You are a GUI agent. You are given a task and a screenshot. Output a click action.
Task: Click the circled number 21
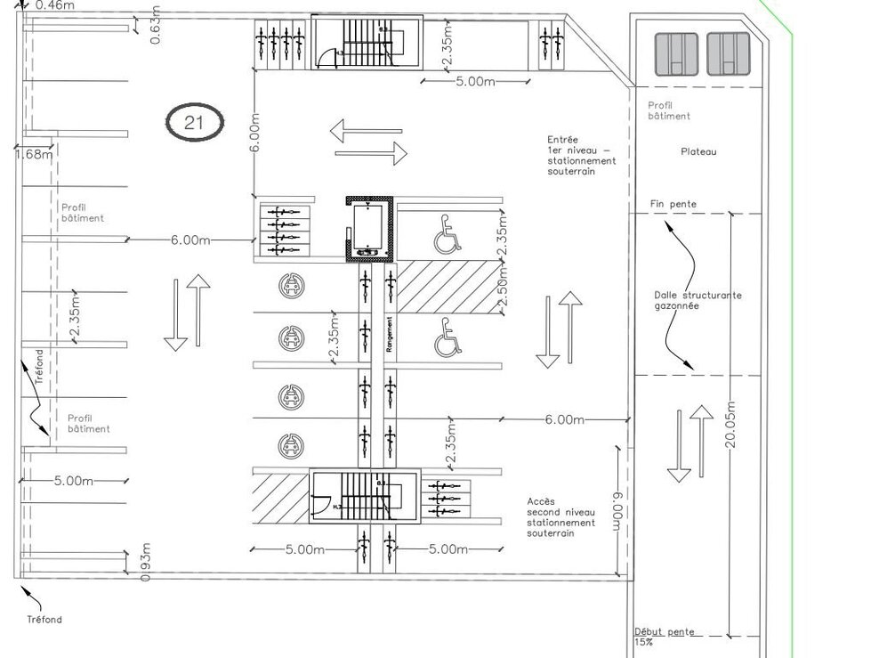pos(194,123)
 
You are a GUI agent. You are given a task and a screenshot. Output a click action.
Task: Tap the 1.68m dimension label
pos(34,154)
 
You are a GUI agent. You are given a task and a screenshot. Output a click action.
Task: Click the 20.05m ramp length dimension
pos(730,425)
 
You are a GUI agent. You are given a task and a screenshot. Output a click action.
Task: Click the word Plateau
pos(698,152)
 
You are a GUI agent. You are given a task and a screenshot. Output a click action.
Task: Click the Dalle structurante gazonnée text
pos(697,300)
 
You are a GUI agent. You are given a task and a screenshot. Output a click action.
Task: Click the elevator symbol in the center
pos(367,228)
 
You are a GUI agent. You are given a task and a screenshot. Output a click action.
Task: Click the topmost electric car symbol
pos(288,285)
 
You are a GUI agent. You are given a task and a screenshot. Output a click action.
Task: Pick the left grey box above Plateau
pos(676,53)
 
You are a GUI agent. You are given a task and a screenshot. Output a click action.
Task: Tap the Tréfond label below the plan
pos(44,619)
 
